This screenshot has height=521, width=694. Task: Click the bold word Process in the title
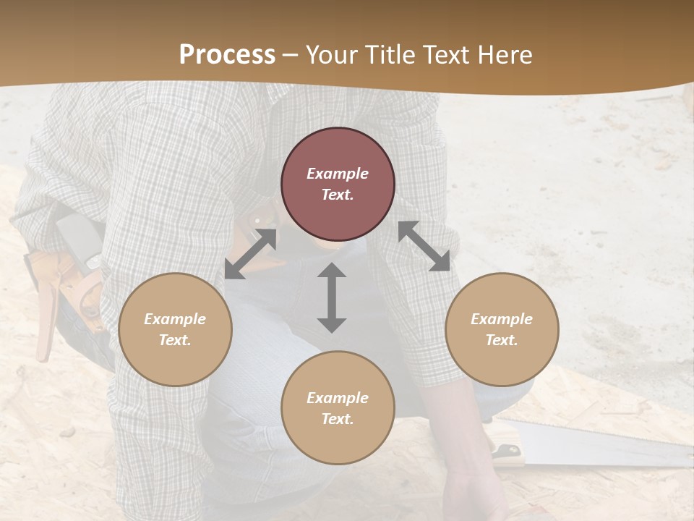[227, 55]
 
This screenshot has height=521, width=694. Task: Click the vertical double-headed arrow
[332, 298]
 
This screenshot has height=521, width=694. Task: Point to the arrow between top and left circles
[251, 253]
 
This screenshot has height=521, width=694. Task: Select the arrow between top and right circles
[424, 246]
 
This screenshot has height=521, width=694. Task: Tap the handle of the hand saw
[506, 449]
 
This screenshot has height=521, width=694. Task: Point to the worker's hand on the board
[470, 492]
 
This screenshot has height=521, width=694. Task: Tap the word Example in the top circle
[338, 174]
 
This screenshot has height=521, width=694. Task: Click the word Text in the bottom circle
[338, 419]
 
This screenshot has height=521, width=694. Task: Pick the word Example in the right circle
[502, 319]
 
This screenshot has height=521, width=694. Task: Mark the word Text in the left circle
[175, 340]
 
